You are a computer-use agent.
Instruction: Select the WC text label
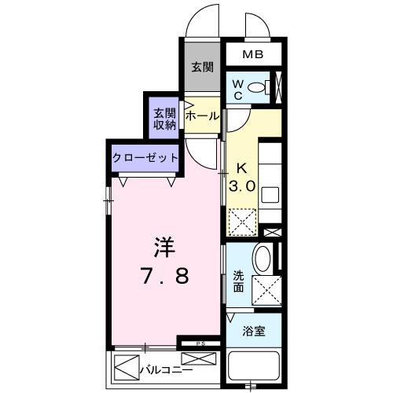coord(237,89)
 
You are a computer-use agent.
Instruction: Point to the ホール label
coord(203,116)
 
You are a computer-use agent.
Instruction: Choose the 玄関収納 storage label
coord(164,117)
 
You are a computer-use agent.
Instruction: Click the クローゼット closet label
coord(145,156)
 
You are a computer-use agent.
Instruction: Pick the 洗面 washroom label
coord(239,281)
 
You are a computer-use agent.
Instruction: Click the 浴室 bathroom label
coord(253,331)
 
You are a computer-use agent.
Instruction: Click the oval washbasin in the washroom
coord(265,259)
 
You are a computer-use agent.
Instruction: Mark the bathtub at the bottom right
coord(253,367)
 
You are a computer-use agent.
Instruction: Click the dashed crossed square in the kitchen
coord(242,221)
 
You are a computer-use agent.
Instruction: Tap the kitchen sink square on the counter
coord(269,194)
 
